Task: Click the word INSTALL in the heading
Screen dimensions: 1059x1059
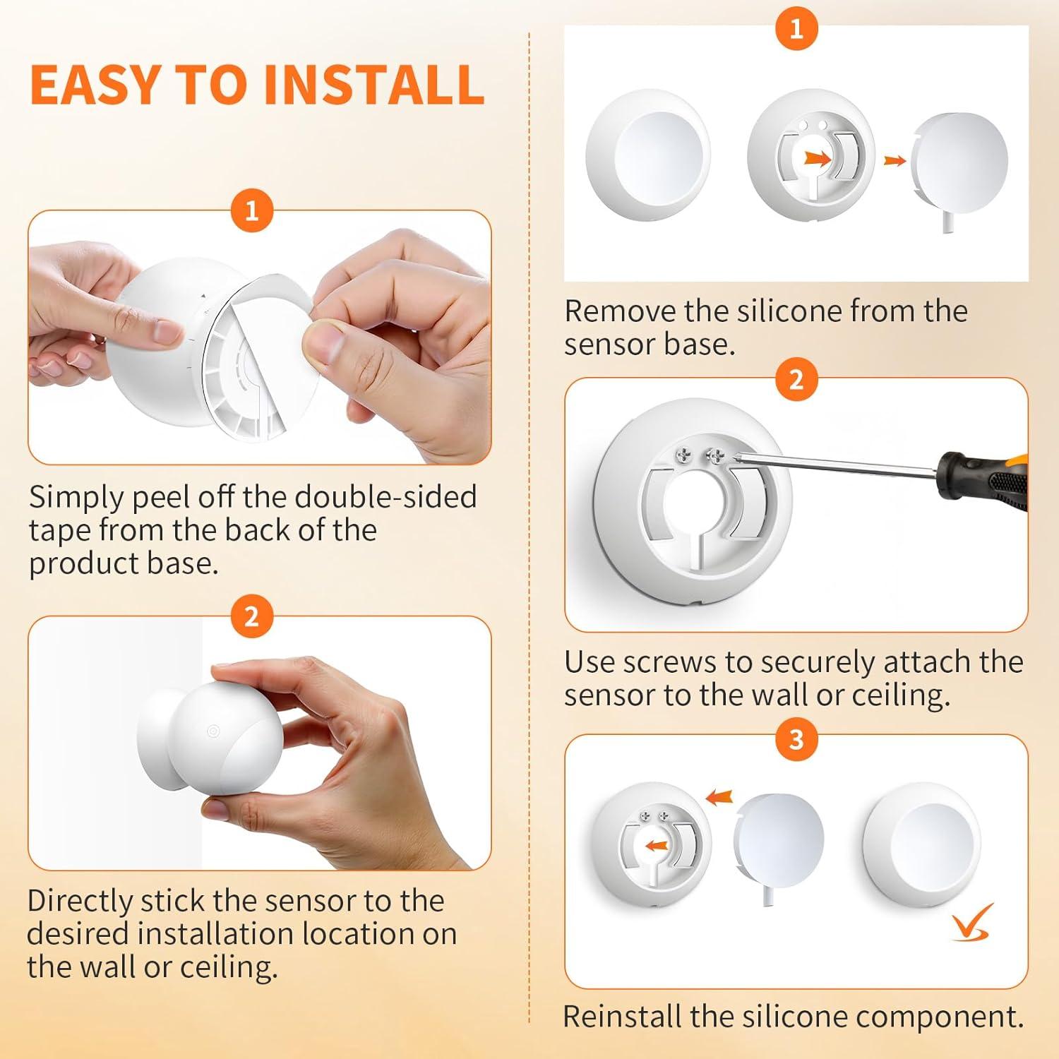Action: point(374,85)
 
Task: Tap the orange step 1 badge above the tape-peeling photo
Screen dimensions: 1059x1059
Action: point(251,210)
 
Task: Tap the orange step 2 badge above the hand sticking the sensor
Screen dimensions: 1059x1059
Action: point(251,616)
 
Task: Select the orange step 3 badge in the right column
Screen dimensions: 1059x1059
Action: point(796,739)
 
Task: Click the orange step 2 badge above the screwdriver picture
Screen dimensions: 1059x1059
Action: point(796,380)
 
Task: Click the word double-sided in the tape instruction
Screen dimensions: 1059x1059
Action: point(385,497)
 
